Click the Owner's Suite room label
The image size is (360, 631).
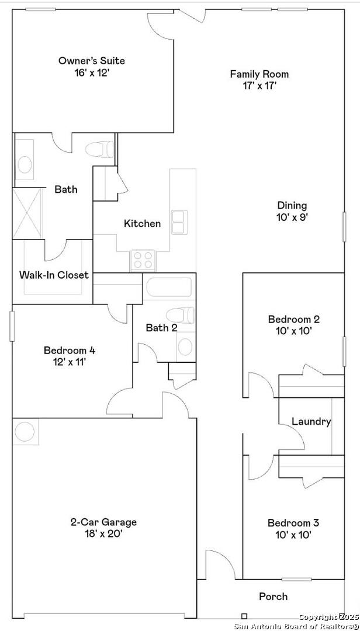tap(92, 61)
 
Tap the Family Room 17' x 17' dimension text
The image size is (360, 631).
tap(259, 85)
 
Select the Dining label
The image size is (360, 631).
tap(292, 205)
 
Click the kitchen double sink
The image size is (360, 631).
tap(178, 222)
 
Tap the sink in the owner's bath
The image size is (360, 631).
tap(25, 164)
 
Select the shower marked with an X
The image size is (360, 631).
tap(27, 213)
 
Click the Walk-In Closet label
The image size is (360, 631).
tap(54, 275)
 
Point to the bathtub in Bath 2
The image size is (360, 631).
tap(169, 287)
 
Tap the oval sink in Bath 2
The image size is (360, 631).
tap(185, 346)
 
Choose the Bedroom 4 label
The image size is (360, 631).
tap(70, 350)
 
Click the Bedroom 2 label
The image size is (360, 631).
tap(294, 319)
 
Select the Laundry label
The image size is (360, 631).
tap(311, 422)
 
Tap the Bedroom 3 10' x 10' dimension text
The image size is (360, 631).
tap(294, 535)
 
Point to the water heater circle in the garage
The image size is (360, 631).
tap(25, 431)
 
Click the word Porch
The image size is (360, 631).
tap(273, 596)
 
